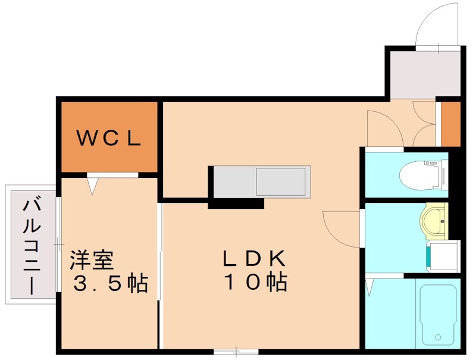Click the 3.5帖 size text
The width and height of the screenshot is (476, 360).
coord(110,284)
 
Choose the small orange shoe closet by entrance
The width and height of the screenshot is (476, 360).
coord(450,124)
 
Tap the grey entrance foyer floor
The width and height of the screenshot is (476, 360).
coord(422,74)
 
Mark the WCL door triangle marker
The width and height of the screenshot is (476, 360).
coord(92,185)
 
